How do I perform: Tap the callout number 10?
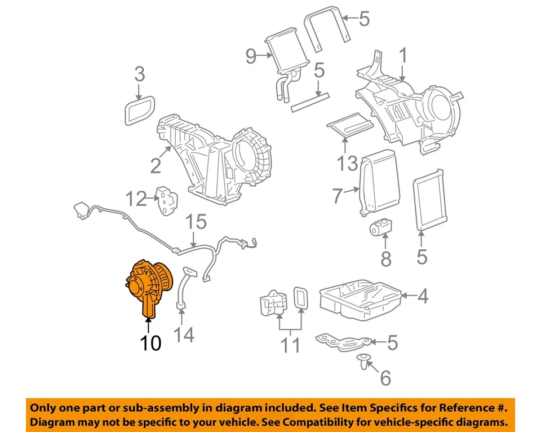[151, 342]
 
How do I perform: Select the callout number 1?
[403, 56]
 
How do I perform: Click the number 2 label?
[156, 165]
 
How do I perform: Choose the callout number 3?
[139, 74]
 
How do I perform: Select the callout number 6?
[385, 378]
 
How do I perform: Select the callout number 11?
[291, 345]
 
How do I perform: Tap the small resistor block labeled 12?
[166, 200]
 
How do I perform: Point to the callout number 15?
[197, 222]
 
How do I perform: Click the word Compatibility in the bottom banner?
[332, 422]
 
